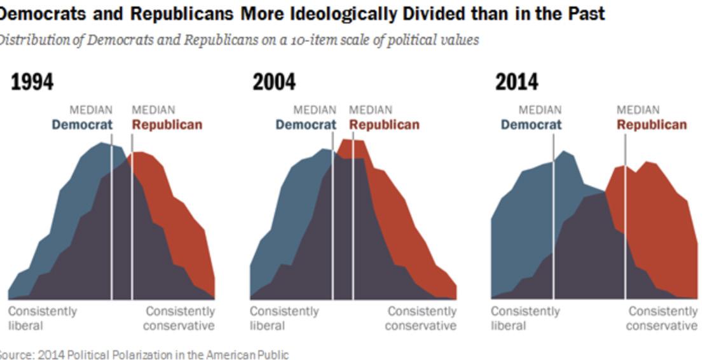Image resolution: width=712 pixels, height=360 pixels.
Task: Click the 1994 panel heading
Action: tap(32, 82)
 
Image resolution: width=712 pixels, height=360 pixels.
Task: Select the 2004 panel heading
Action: tap(274, 82)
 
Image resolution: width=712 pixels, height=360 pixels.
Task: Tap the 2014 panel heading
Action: tap(516, 82)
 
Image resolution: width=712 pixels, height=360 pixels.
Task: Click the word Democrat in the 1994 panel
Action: tap(82, 125)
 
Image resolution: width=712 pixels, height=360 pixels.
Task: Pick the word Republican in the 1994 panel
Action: tap(167, 125)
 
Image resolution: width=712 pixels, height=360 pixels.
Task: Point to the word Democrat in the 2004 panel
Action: tap(305, 125)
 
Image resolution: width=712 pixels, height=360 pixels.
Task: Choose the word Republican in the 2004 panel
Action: tap(384, 125)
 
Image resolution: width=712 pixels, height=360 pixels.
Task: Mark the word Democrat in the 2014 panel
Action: tap(531, 125)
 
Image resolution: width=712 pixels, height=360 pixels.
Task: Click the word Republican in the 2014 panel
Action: tap(652, 125)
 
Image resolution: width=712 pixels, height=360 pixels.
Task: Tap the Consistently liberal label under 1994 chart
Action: tap(42, 318)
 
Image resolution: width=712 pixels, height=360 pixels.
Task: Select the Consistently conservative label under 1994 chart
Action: tap(179, 318)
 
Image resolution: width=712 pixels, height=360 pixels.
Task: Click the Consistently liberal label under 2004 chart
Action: tap(284, 318)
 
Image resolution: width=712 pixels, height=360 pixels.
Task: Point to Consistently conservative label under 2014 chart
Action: tap(662, 318)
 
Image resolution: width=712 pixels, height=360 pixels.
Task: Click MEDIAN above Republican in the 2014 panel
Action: tap(638, 110)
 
